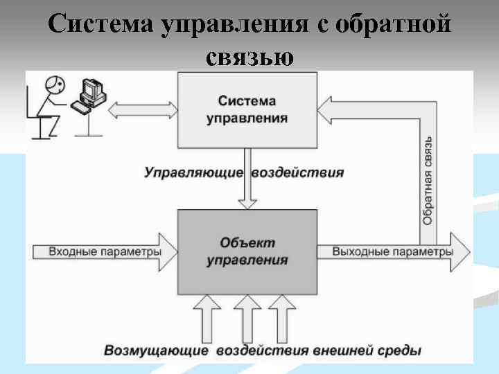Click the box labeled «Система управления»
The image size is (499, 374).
point(247,109)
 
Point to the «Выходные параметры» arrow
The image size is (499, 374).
point(392,251)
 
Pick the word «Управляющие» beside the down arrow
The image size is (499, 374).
point(193,172)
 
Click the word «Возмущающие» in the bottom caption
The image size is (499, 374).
point(156,350)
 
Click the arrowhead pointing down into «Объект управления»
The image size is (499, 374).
point(247,203)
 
